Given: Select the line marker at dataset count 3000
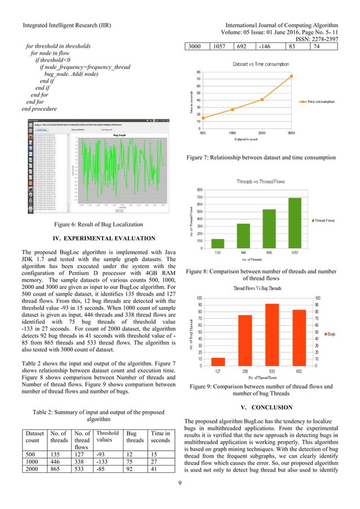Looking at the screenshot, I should (x=292, y=76).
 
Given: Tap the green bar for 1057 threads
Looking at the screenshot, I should (x=295, y=223).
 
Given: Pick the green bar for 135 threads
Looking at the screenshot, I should (x=217, y=243).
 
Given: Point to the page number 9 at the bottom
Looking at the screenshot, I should (x=179, y=498).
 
